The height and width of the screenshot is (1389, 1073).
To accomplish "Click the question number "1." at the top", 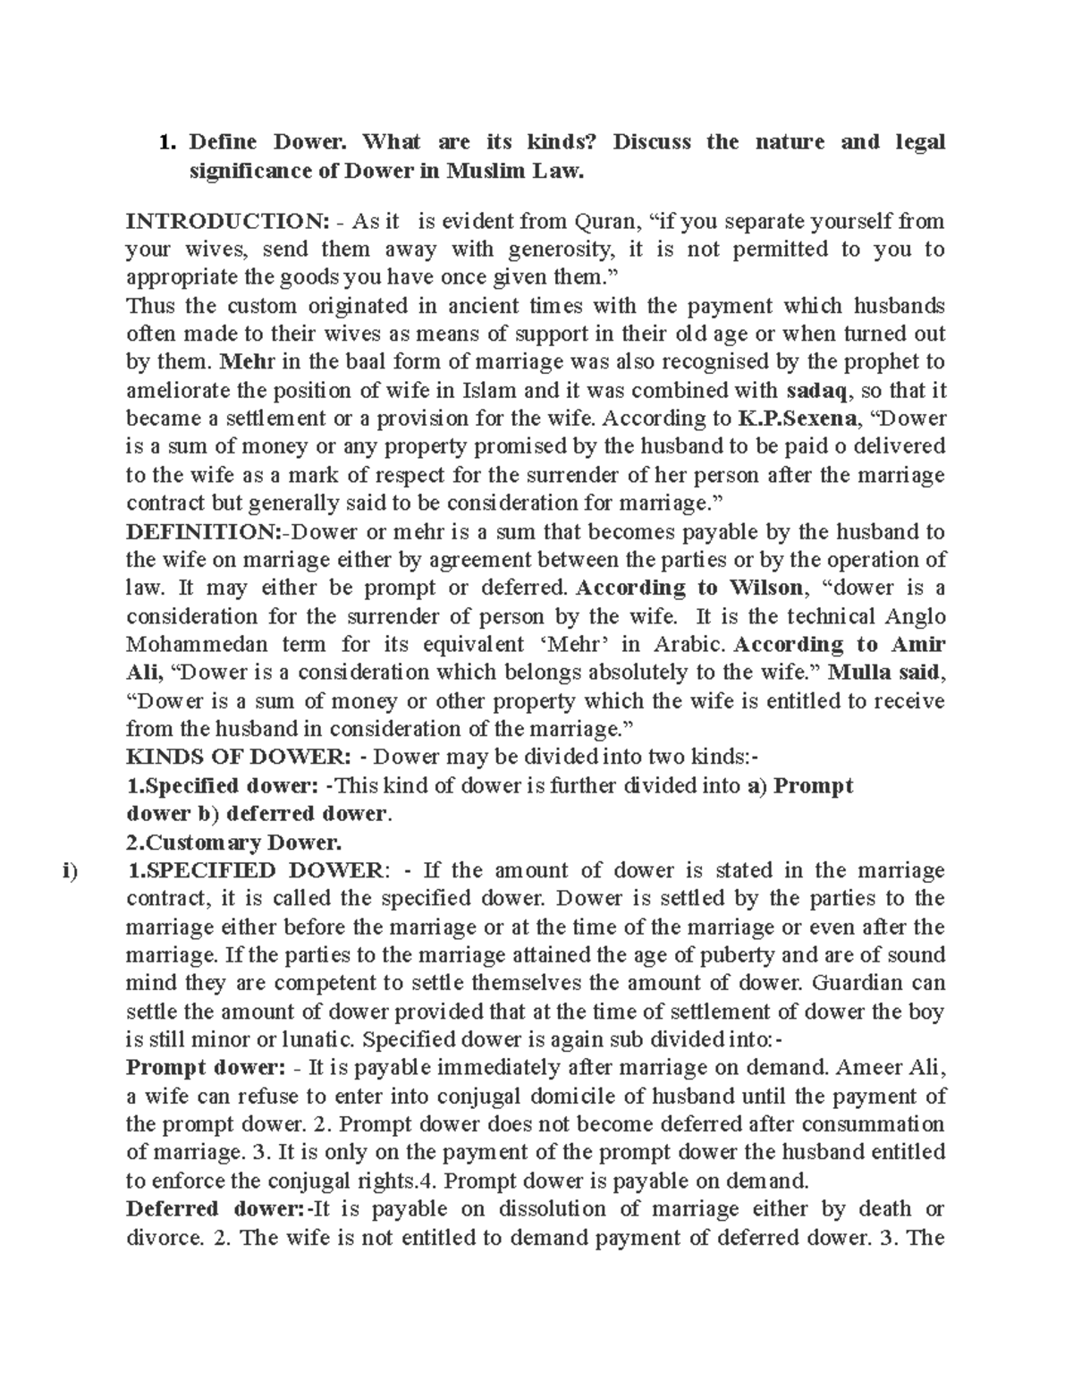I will coord(165,142).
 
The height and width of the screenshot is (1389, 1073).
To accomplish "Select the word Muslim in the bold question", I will coord(482,171).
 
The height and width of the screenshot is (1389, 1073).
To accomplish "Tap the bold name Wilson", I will coord(767,589).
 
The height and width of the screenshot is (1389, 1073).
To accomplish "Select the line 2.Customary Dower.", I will coord(234,843).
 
